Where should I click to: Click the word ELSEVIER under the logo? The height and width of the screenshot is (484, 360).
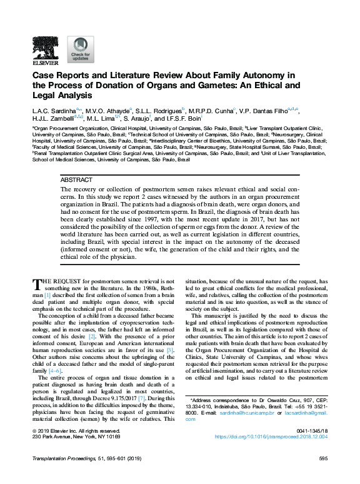click(45, 63)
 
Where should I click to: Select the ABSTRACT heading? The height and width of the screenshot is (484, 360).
click(76, 179)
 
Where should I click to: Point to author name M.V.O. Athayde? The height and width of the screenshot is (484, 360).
click(109, 110)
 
